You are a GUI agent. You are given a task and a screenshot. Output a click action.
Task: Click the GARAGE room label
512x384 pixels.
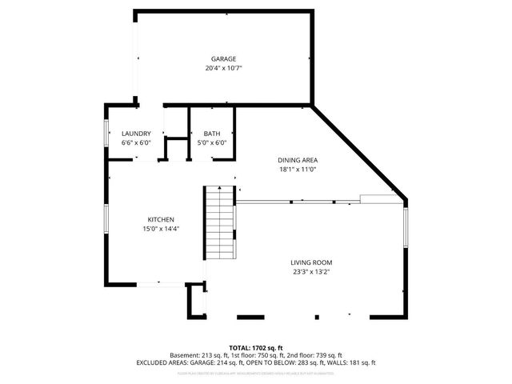pyautogui.click(x=223, y=59)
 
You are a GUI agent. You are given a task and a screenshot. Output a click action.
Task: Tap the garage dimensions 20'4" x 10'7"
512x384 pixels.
pyautogui.click(x=223, y=69)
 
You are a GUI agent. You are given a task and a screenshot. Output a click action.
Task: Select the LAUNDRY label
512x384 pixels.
pyautogui.click(x=136, y=134)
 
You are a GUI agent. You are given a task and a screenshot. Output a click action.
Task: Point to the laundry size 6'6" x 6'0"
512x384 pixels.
pyautogui.click(x=136, y=143)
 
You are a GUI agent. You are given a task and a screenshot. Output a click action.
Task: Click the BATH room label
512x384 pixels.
pyautogui.click(x=212, y=134)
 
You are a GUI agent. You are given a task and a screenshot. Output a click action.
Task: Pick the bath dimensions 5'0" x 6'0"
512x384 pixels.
pyautogui.click(x=212, y=143)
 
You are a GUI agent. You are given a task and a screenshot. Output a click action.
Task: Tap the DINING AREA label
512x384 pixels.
pyautogui.click(x=298, y=160)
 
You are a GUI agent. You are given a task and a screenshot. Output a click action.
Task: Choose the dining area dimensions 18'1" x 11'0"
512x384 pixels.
pyautogui.click(x=298, y=170)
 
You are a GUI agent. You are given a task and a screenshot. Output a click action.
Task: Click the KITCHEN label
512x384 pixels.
pyautogui.click(x=161, y=220)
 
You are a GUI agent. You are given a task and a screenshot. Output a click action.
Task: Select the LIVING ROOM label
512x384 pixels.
pyautogui.click(x=310, y=262)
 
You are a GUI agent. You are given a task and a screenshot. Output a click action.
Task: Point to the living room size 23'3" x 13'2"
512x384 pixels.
pyautogui.click(x=310, y=272)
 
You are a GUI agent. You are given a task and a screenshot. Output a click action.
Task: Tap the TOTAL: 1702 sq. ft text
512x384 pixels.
pyautogui.click(x=256, y=348)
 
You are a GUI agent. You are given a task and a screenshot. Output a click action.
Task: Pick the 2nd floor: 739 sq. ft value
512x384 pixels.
pyautogui.click(x=315, y=355)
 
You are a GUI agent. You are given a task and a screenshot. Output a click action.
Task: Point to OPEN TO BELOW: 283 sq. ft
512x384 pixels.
pyautogui.click(x=293, y=362)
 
